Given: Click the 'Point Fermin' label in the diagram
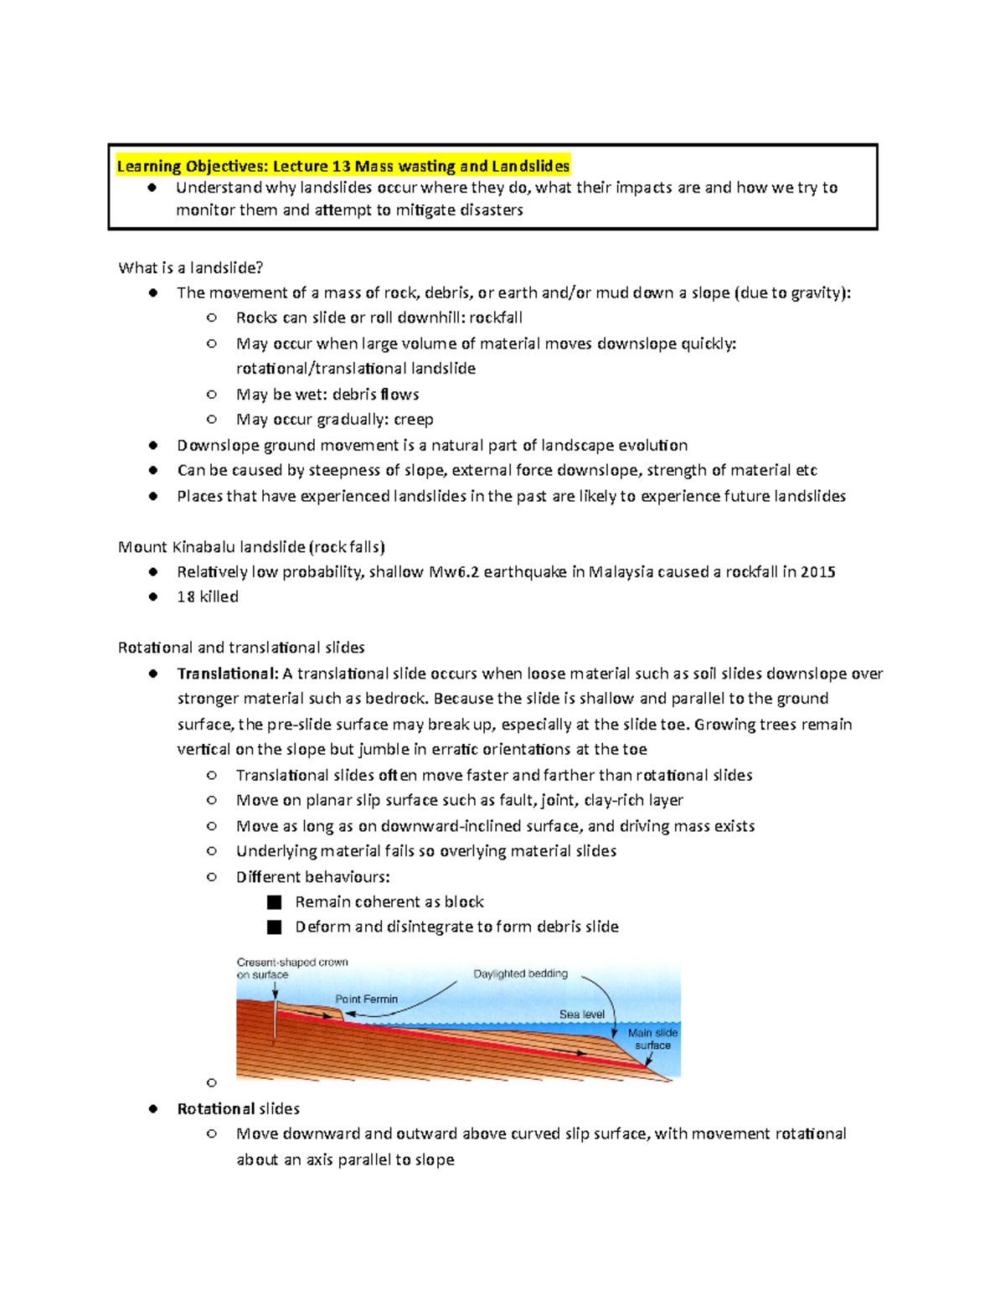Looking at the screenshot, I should [366, 999].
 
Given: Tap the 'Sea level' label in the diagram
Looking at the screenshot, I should [581, 1014].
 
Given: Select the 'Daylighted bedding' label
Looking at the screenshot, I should [520, 973].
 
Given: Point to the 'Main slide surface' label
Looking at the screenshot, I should [652, 1039].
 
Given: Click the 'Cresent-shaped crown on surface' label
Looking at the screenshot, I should [291, 968].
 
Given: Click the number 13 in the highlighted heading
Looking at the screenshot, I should [341, 166].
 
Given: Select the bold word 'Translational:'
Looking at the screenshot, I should [227, 674].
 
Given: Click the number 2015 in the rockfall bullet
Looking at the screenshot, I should [817, 572].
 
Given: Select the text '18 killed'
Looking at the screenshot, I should [208, 596].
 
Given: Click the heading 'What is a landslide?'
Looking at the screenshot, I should [191, 268].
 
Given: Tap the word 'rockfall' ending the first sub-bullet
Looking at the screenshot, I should [496, 318].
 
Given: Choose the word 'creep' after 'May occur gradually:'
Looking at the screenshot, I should [413, 419].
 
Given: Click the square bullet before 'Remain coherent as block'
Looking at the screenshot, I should [274, 902].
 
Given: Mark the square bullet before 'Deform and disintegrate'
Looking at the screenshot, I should [274, 927].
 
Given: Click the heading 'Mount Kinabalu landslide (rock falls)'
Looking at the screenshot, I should [251, 547].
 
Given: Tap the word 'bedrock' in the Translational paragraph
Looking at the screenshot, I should [399, 699].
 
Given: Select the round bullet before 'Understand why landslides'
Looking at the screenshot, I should [152, 188].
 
